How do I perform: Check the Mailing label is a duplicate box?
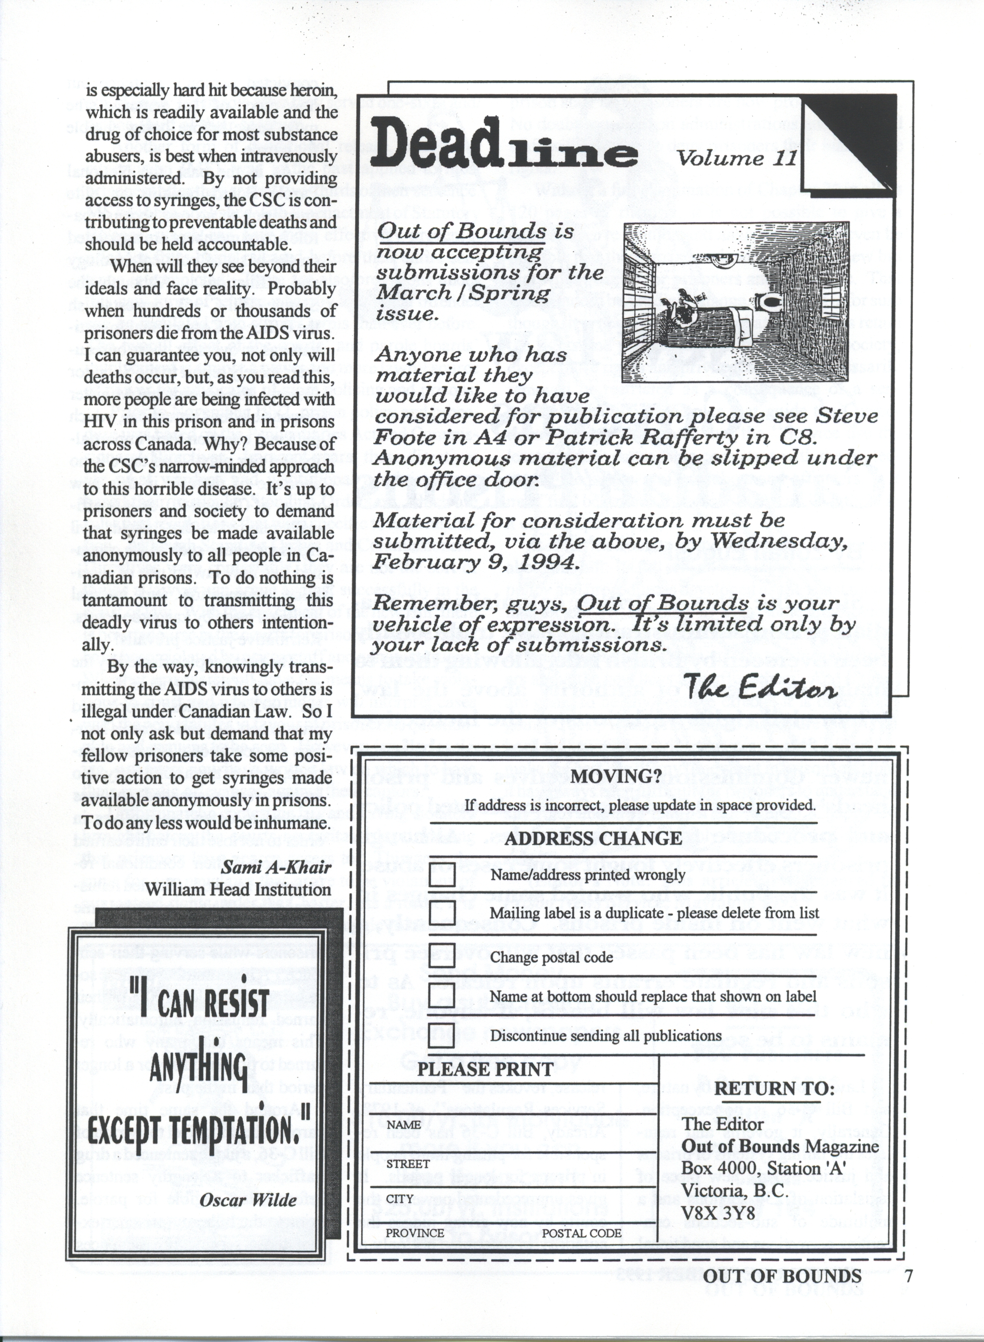(442, 913)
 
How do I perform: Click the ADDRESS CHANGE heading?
(593, 839)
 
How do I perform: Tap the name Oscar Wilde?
(248, 1200)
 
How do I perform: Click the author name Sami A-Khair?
(276, 867)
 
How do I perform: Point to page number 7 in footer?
(908, 1276)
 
